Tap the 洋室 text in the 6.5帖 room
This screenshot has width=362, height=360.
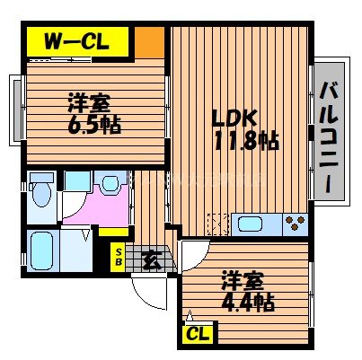coord(87,101)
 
